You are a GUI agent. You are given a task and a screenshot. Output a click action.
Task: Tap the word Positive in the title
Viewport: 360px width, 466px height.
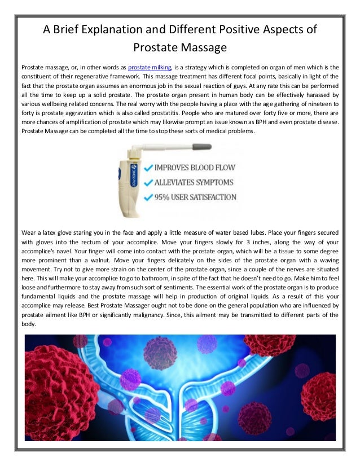coord(243,29)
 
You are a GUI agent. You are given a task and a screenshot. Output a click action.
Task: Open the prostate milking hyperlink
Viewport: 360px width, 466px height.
coord(151,68)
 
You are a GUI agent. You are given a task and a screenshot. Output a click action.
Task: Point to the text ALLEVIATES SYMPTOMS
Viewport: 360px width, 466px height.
coord(186,182)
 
